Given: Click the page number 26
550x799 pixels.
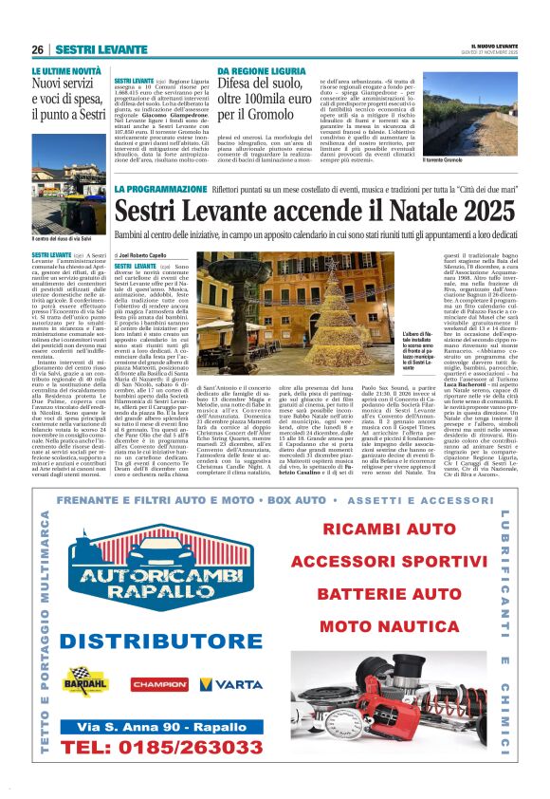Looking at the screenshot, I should click(x=38, y=48).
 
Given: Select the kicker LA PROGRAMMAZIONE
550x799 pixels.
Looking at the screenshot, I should click(x=156, y=189).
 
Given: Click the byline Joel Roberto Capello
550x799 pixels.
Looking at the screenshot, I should click(x=148, y=256).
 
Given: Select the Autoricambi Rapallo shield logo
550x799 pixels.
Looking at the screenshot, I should click(x=156, y=585).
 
